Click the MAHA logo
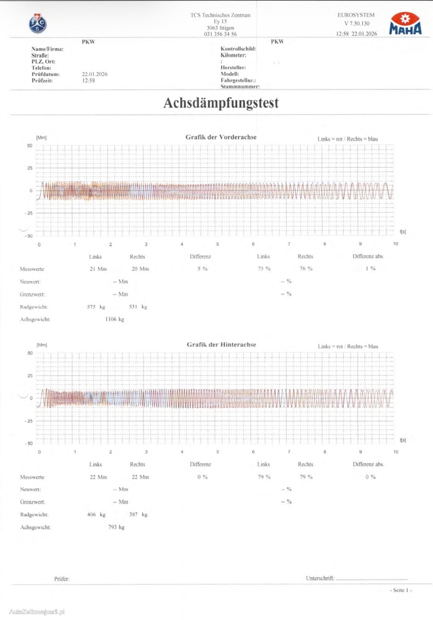point(405,24)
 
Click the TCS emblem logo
point(38,24)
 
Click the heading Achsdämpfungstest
point(221,103)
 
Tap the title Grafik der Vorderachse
point(221,137)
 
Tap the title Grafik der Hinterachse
point(221,345)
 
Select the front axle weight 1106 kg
point(114,319)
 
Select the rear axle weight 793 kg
point(116,527)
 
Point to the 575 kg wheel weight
point(96,307)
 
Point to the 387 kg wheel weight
point(138,515)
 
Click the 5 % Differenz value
point(202,269)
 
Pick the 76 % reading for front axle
point(306,268)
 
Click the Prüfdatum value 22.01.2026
point(94,74)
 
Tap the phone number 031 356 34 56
point(220,34)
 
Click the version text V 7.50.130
point(357,23)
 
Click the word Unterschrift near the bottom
point(320,578)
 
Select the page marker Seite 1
point(401,590)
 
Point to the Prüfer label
point(62,579)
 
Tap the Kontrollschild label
point(238,49)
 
